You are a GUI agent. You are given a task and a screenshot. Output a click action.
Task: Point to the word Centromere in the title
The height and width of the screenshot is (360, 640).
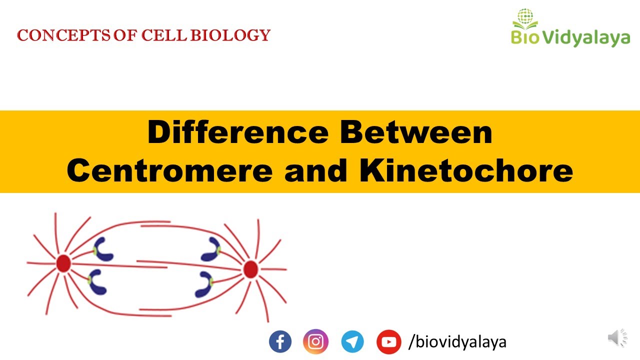[x=170, y=171]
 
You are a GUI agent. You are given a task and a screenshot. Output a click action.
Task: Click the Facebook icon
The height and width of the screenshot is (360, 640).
[x=280, y=342]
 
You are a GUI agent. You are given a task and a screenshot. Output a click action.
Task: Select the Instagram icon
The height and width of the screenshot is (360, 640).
[x=315, y=342]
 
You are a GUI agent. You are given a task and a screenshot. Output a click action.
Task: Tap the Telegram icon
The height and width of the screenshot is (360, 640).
[x=352, y=342]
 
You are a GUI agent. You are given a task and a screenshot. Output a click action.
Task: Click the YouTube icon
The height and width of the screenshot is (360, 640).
[x=388, y=342]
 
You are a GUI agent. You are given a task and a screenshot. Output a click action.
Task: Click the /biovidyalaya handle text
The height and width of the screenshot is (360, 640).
[x=457, y=342]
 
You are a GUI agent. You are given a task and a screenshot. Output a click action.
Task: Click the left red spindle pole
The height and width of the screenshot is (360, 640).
[x=63, y=263]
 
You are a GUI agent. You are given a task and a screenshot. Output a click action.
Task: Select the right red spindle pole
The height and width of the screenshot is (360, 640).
[x=250, y=270]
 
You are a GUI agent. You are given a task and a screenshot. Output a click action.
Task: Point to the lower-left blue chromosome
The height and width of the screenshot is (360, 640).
[x=98, y=282]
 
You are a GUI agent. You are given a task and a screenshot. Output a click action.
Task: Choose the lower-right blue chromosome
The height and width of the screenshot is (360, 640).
[x=205, y=284]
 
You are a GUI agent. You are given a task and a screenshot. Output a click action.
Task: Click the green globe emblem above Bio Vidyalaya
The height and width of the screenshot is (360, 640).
[x=525, y=16]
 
